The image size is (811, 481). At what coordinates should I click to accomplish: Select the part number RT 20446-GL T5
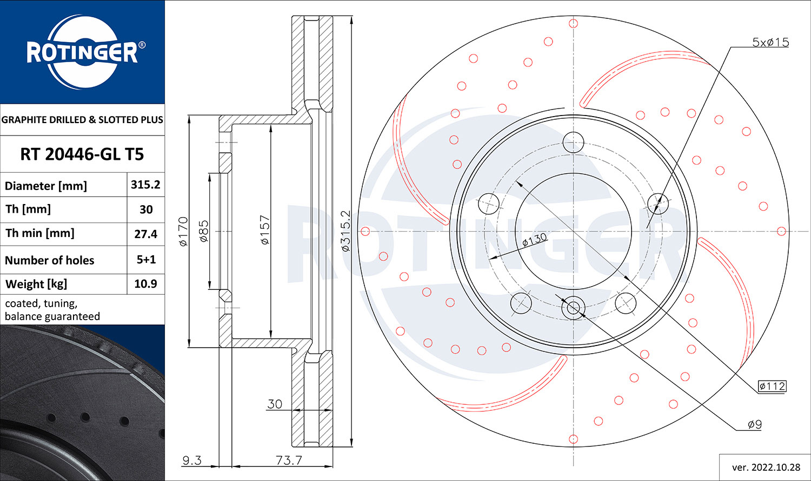pos(82,154)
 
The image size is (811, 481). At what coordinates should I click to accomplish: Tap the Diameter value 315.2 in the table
pos(145,185)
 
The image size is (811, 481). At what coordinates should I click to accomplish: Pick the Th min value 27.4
pos(145,234)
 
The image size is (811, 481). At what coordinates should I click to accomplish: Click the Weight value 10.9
pos(145,284)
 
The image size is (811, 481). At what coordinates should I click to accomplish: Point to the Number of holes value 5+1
pos(146,260)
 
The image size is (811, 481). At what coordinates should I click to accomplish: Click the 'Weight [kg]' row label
pos(36,284)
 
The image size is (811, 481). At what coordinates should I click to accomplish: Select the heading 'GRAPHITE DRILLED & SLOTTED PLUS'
pos(82,120)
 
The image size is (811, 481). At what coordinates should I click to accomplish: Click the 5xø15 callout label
pos(770,42)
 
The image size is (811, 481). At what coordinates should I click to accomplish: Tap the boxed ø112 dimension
pos(772,386)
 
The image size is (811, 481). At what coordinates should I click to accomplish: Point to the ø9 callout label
pos(755,425)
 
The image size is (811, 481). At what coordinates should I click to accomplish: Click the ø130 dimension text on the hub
pos(534,240)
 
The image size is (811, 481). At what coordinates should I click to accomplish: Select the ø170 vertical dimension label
pos(183,232)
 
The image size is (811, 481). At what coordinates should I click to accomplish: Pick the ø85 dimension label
pos(204,231)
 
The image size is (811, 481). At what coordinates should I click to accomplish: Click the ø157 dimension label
pos(264,231)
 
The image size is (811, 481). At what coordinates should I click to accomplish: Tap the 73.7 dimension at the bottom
pos(289,460)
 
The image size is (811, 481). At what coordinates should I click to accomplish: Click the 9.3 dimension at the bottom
pos(191,460)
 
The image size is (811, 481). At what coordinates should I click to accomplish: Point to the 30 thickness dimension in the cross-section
pos(275,404)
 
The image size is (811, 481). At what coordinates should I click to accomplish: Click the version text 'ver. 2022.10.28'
pos(766,467)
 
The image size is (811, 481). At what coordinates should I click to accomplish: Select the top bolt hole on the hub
pos(573,143)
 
